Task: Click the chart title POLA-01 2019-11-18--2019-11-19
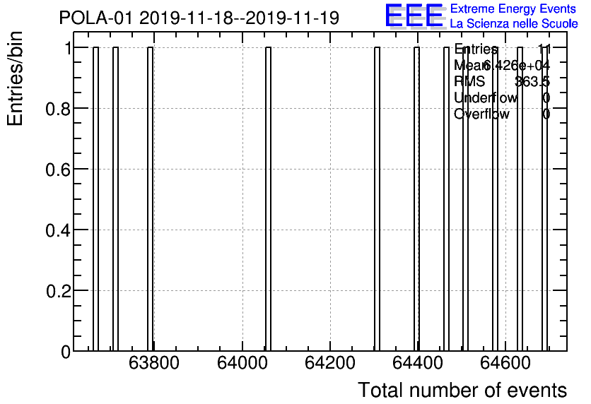199,18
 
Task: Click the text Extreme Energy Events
513,9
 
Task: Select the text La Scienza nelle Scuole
513,24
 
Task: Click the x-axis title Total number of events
462,390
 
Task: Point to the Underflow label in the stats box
486,98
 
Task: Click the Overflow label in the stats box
481,114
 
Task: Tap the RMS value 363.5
532,82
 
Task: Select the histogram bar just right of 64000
269,198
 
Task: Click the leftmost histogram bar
95,198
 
